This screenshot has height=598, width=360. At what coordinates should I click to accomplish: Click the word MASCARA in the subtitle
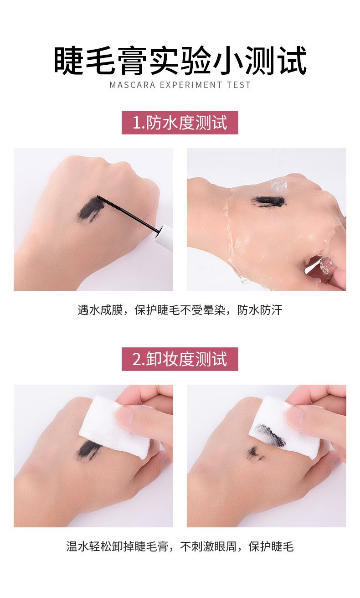click(x=132, y=85)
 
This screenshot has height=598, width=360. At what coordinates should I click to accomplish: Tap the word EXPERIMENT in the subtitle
click(x=191, y=85)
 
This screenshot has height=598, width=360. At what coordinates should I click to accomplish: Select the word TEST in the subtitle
click(x=239, y=85)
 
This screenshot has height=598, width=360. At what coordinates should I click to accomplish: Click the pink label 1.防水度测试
click(x=180, y=123)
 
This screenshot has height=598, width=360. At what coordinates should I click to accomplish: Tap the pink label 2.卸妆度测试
click(x=180, y=359)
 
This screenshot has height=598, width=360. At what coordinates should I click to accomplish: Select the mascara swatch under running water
click(x=269, y=201)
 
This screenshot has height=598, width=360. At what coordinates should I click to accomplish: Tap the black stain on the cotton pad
click(x=270, y=436)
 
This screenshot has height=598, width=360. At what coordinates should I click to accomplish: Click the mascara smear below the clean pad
click(x=88, y=450)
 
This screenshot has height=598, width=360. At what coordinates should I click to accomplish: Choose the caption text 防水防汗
click(x=260, y=310)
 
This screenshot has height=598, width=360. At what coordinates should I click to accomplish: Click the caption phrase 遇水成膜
click(x=100, y=310)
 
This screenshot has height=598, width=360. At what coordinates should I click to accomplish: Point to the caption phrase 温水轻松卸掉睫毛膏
click(x=117, y=546)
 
